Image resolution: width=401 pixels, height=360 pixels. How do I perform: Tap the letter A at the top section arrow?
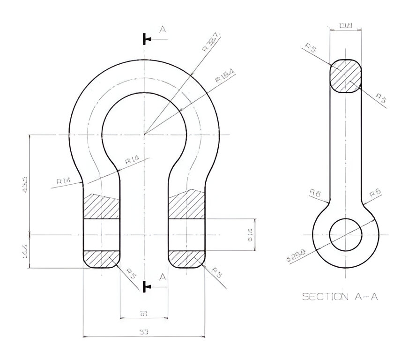coord(163,30)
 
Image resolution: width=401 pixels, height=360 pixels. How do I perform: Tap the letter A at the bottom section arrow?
coord(163,277)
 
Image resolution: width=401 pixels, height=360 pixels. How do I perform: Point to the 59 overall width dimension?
coord(144,332)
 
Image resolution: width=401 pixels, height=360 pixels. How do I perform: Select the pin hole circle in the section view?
coord(345,234)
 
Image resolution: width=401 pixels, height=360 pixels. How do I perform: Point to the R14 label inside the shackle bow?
coord(133,161)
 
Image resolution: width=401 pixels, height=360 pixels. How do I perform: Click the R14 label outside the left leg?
coord(63,180)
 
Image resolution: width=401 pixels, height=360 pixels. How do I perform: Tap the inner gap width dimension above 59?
coord(144,313)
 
